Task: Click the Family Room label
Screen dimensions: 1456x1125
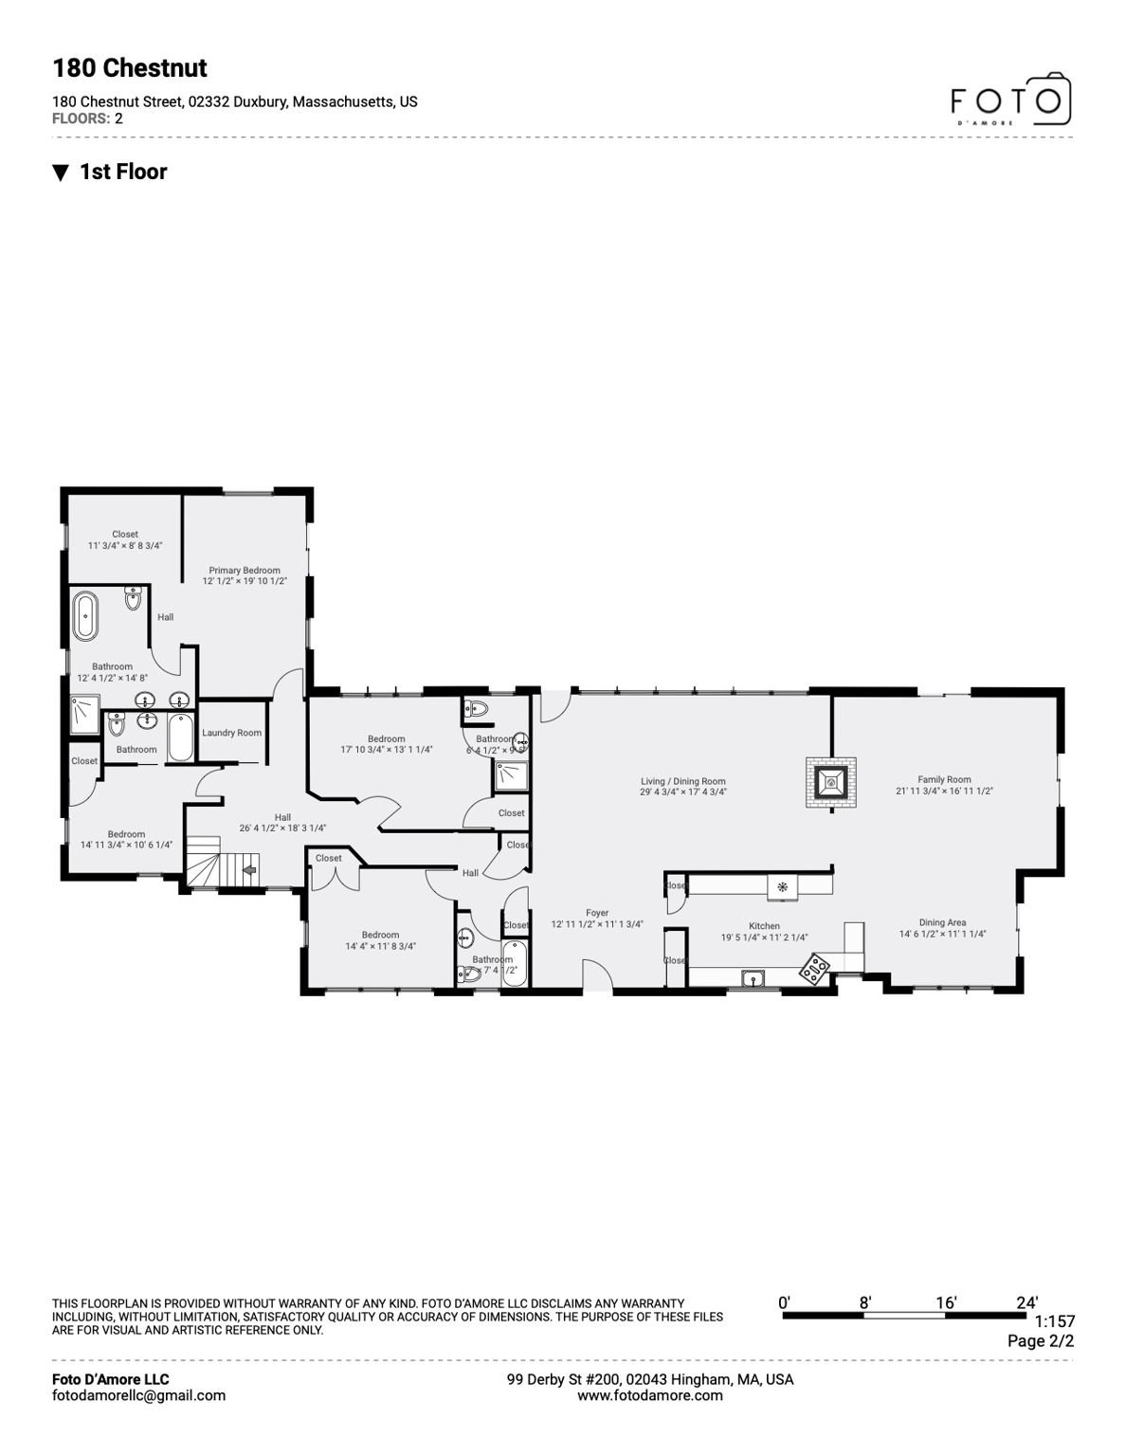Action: [944, 780]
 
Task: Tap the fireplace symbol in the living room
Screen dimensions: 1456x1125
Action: [831, 782]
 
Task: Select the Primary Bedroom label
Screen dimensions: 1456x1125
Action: [245, 571]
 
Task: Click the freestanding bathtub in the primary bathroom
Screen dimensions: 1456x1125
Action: [86, 615]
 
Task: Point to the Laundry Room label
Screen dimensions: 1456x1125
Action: [231, 733]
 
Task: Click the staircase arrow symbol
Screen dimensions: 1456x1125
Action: [250, 868]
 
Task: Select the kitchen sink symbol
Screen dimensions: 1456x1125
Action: [753, 979]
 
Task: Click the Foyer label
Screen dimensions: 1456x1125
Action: [597, 913]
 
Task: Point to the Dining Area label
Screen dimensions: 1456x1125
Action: [942, 922]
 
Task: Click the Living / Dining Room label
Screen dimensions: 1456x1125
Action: [682, 782]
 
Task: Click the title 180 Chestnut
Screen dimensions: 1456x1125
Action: [130, 68]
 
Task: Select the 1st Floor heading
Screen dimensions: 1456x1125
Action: [123, 172]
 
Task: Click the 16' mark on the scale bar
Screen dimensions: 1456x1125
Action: [946, 1303]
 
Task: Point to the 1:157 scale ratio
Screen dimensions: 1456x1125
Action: [1054, 1321]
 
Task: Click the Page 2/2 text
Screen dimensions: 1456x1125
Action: [1041, 1341]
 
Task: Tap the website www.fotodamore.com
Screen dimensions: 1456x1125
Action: [650, 1395]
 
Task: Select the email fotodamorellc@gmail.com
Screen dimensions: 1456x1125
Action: [139, 1395]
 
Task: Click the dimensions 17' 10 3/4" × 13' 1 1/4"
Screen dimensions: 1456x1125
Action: [387, 750]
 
